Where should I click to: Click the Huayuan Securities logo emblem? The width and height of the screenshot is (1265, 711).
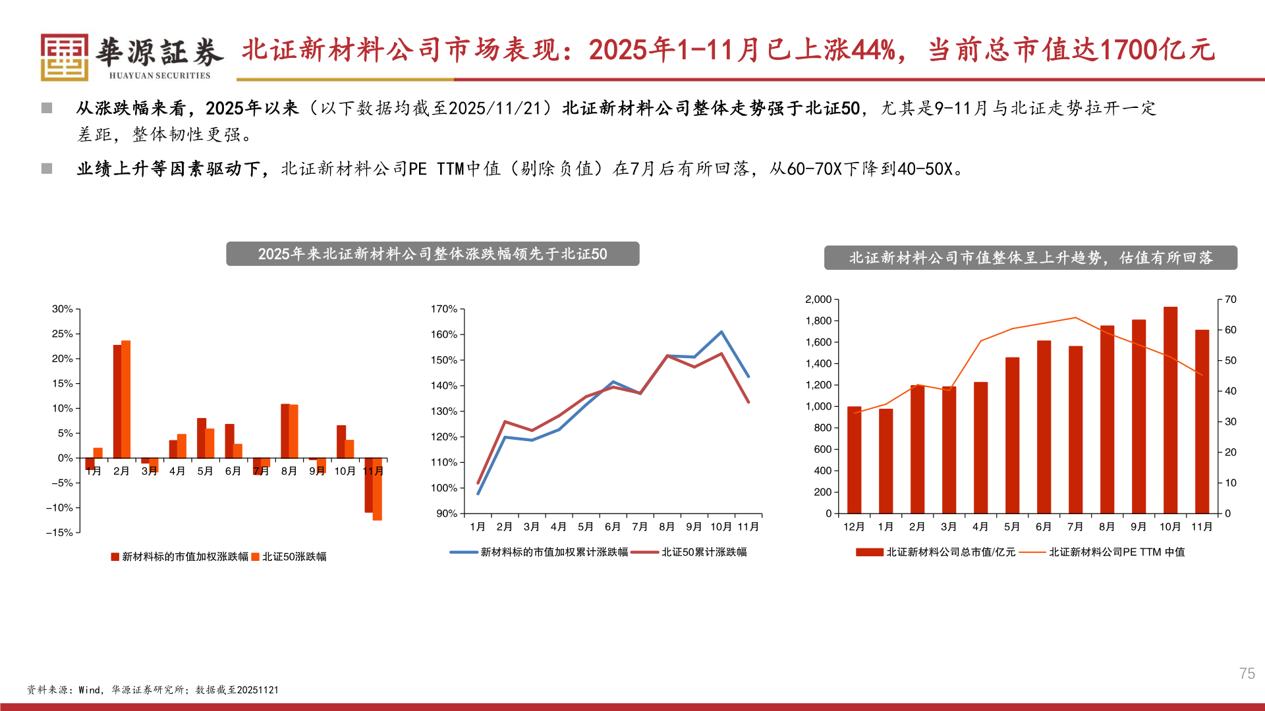[65, 57]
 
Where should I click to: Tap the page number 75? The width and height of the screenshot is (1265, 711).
[1247, 673]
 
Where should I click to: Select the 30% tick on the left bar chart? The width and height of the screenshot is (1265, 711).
[63, 309]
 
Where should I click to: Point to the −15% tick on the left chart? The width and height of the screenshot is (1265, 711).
[59, 533]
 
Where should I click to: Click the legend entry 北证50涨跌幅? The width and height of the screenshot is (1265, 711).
[294, 557]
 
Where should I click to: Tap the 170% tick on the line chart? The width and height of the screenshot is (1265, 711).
[443, 309]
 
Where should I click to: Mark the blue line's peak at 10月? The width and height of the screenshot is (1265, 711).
[721, 332]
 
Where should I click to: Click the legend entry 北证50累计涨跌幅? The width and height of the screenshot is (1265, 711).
[704, 552]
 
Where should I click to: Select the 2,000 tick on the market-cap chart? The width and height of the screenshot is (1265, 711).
[818, 300]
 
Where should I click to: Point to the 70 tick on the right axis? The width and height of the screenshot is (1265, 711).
[1230, 300]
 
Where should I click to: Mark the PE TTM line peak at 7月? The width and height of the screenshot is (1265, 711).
[1075, 317]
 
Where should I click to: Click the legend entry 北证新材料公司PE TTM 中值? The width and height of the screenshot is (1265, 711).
[1117, 552]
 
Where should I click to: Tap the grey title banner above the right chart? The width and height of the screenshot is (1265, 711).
[1030, 257]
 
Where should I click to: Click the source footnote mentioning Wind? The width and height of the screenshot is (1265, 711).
[152, 690]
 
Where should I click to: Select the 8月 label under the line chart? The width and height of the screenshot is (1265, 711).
[667, 527]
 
